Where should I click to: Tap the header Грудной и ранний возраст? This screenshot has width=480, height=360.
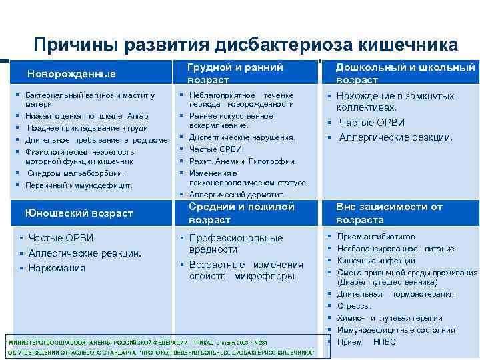(235, 73)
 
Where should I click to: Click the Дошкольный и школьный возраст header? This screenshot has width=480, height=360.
(405, 73)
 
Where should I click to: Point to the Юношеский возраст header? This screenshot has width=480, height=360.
(79, 213)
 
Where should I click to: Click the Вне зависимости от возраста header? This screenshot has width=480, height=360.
(389, 213)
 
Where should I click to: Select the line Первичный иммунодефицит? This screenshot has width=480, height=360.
(79, 185)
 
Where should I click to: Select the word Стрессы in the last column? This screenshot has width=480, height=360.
(354, 306)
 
